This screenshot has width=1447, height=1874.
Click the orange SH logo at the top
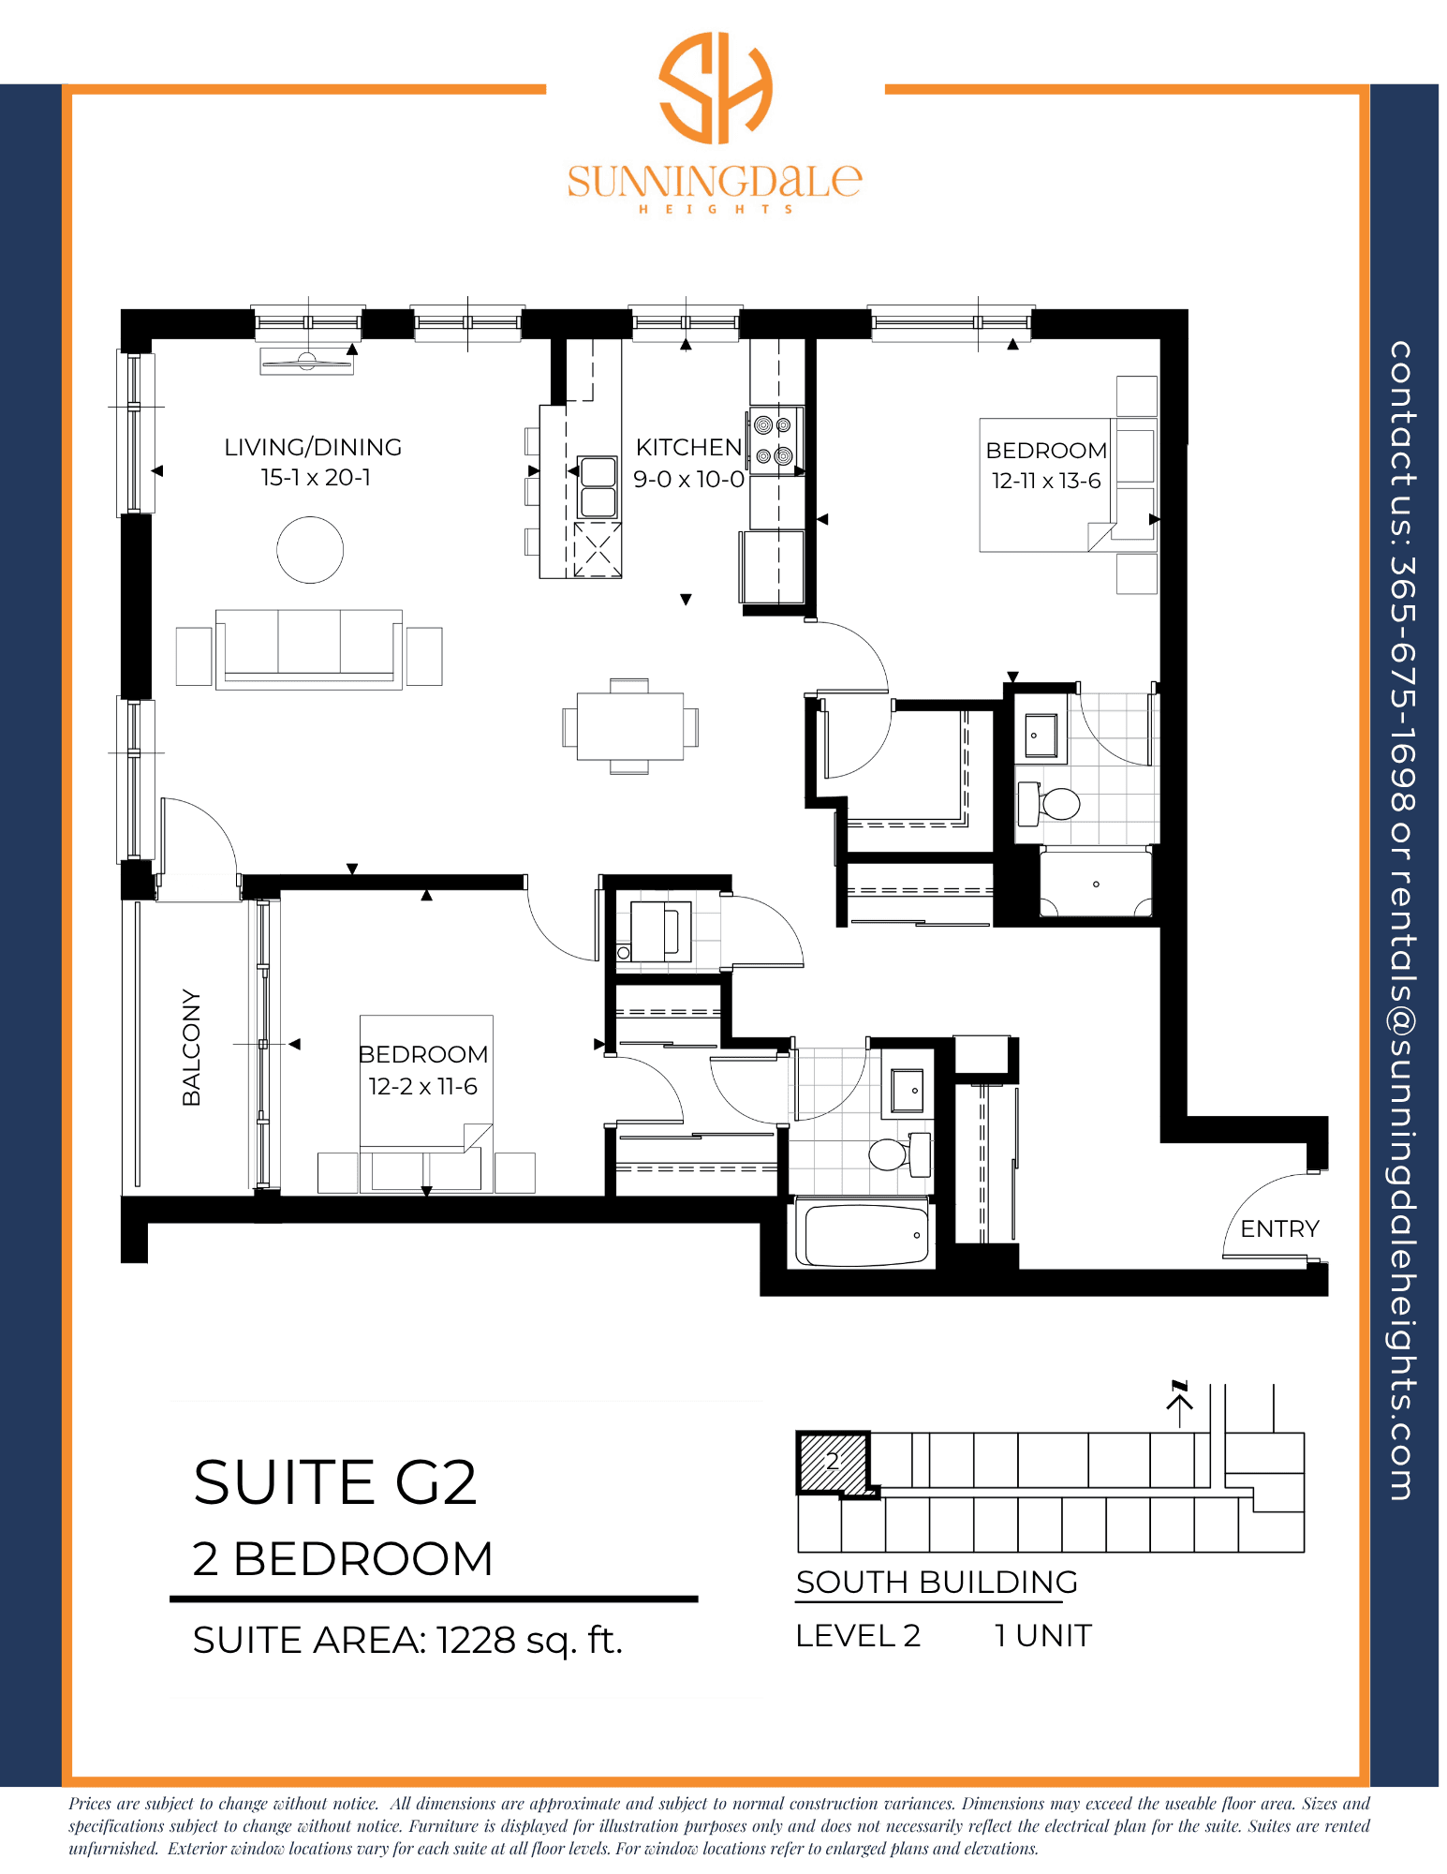coord(716,87)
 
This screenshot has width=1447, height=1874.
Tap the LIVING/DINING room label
coord(313,447)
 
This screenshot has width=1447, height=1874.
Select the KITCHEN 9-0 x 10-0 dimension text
coord(688,480)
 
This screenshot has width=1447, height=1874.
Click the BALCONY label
coord(191,1047)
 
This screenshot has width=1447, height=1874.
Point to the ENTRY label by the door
coord(1279,1228)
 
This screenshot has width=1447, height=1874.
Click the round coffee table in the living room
coord(310,550)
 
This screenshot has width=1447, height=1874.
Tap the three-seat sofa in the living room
coord(309,649)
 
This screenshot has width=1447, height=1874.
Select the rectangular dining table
coord(630,726)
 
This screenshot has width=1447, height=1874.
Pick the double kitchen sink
coord(598,487)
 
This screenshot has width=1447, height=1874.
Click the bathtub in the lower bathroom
coord(863,1233)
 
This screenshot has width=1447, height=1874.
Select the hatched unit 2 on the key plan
coord(833,1461)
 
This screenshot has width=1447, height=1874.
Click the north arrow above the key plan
coord(1180,1402)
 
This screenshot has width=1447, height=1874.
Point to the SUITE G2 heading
coord(335,1482)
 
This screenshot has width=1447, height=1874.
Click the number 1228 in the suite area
coord(476,1640)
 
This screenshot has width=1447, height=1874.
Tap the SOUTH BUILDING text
coord(937,1582)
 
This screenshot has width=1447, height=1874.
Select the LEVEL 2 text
coord(858,1636)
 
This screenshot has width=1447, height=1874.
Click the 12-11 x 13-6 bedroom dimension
coord(1046,481)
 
